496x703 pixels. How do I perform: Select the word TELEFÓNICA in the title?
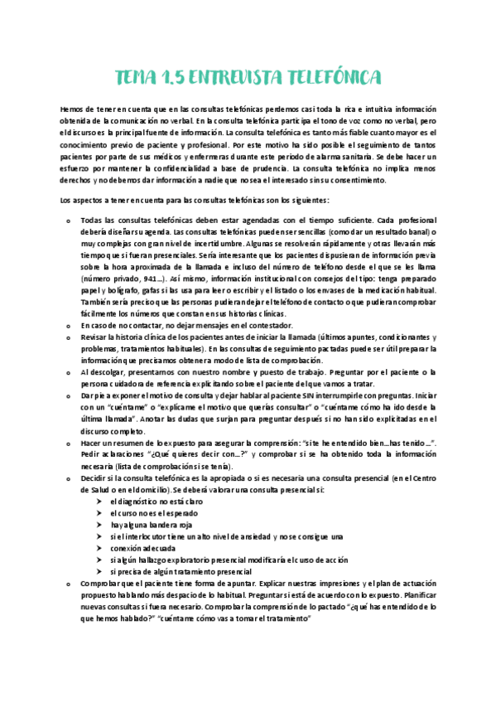click(x=331, y=78)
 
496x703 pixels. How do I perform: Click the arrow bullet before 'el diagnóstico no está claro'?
click(x=101, y=502)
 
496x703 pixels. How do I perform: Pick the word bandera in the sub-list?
click(x=158, y=526)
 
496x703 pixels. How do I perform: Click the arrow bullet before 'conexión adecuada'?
click(x=101, y=549)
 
